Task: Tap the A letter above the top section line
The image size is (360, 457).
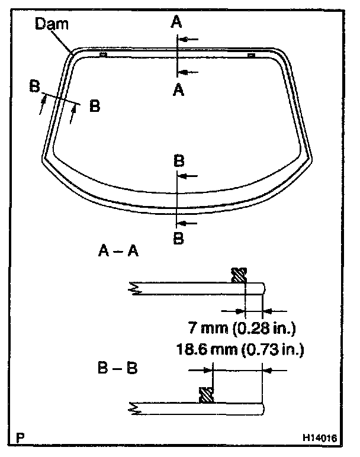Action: coord(176,22)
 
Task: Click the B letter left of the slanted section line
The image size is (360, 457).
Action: coord(35,86)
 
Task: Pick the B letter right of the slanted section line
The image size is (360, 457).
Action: coord(94,107)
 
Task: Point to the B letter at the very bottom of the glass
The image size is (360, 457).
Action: coord(178,239)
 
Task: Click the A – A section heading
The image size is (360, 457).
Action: coord(118,251)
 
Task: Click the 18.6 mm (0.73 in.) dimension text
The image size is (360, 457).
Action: coord(239,349)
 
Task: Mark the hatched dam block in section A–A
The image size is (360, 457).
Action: coord(239,275)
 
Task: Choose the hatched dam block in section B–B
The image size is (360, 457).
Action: coord(206,395)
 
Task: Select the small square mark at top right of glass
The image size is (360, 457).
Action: coord(251,55)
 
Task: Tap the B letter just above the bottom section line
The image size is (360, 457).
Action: coord(178,160)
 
